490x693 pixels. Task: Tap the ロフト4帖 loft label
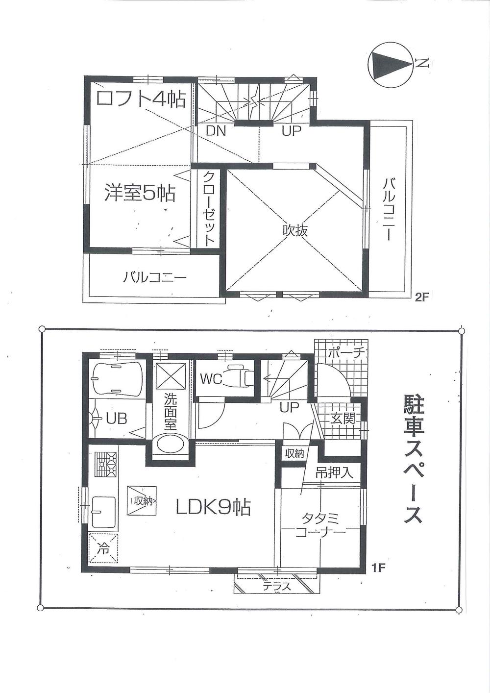pyautogui.click(x=141, y=99)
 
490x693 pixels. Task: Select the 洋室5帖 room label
pyautogui.click(x=139, y=194)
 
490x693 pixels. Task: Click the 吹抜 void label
pyautogui.click(x=295, y=230)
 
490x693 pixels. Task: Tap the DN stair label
pyautogui.click(x=215, y=131)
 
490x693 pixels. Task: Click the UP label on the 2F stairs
pyautogui.click(x=291, y=131)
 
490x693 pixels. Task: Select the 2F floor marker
pyautogui.click(x=421, y=298)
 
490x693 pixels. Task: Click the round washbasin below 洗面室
pyautogui.click(x=170, y=445)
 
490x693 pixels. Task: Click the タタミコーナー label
pyautogui.click(x=321, y=524)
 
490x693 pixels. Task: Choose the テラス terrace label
pyautogui.click(x=277, y=586)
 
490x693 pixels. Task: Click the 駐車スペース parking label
pyautogui.click(x=413, y=459)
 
